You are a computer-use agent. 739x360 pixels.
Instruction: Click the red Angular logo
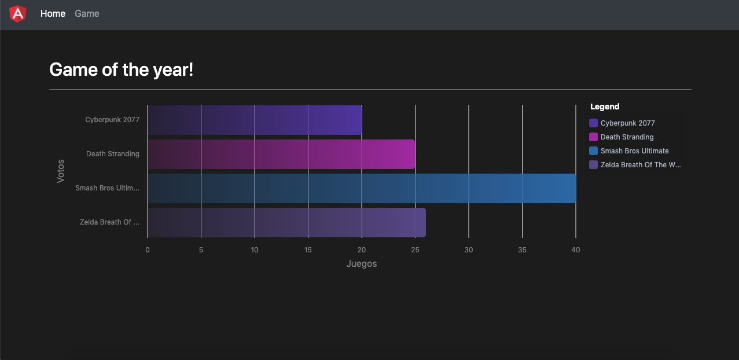[x=18, y=14]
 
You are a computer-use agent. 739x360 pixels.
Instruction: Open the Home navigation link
[x=53, y=14]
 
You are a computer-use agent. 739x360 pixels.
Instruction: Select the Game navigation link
[x=87, y=14]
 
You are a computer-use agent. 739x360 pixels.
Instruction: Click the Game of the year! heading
[x=121, y=70]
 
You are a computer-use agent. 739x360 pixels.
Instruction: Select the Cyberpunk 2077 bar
[x=255, y=120]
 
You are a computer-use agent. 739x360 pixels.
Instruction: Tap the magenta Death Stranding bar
[x=281, y=154]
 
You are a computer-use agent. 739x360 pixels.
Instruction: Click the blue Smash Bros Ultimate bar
[x=362, y=188]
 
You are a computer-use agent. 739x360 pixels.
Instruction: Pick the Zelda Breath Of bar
[x=286, y=223]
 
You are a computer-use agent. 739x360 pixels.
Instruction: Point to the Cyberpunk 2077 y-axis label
[x=112, y=120]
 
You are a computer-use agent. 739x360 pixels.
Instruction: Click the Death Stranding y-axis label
[x=113, y=154]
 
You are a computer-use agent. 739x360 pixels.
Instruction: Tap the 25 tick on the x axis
[x=415, y=250]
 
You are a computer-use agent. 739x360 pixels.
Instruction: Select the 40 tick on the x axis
[x=575, y=250]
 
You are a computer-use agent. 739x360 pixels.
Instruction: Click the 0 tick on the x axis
[x=148, y=250]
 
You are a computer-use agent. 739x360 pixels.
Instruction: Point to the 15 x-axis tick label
[x=308, y=250]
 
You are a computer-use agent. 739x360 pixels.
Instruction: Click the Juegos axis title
[x=362, y=264]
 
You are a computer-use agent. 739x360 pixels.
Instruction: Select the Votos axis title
[x=61, y=171]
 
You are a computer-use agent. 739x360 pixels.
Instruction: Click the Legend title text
[x=605, y=106]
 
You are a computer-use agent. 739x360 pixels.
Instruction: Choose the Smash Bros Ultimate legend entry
[x=634, y=151]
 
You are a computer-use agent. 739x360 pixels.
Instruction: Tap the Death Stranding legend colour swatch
[x=593, y=137]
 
